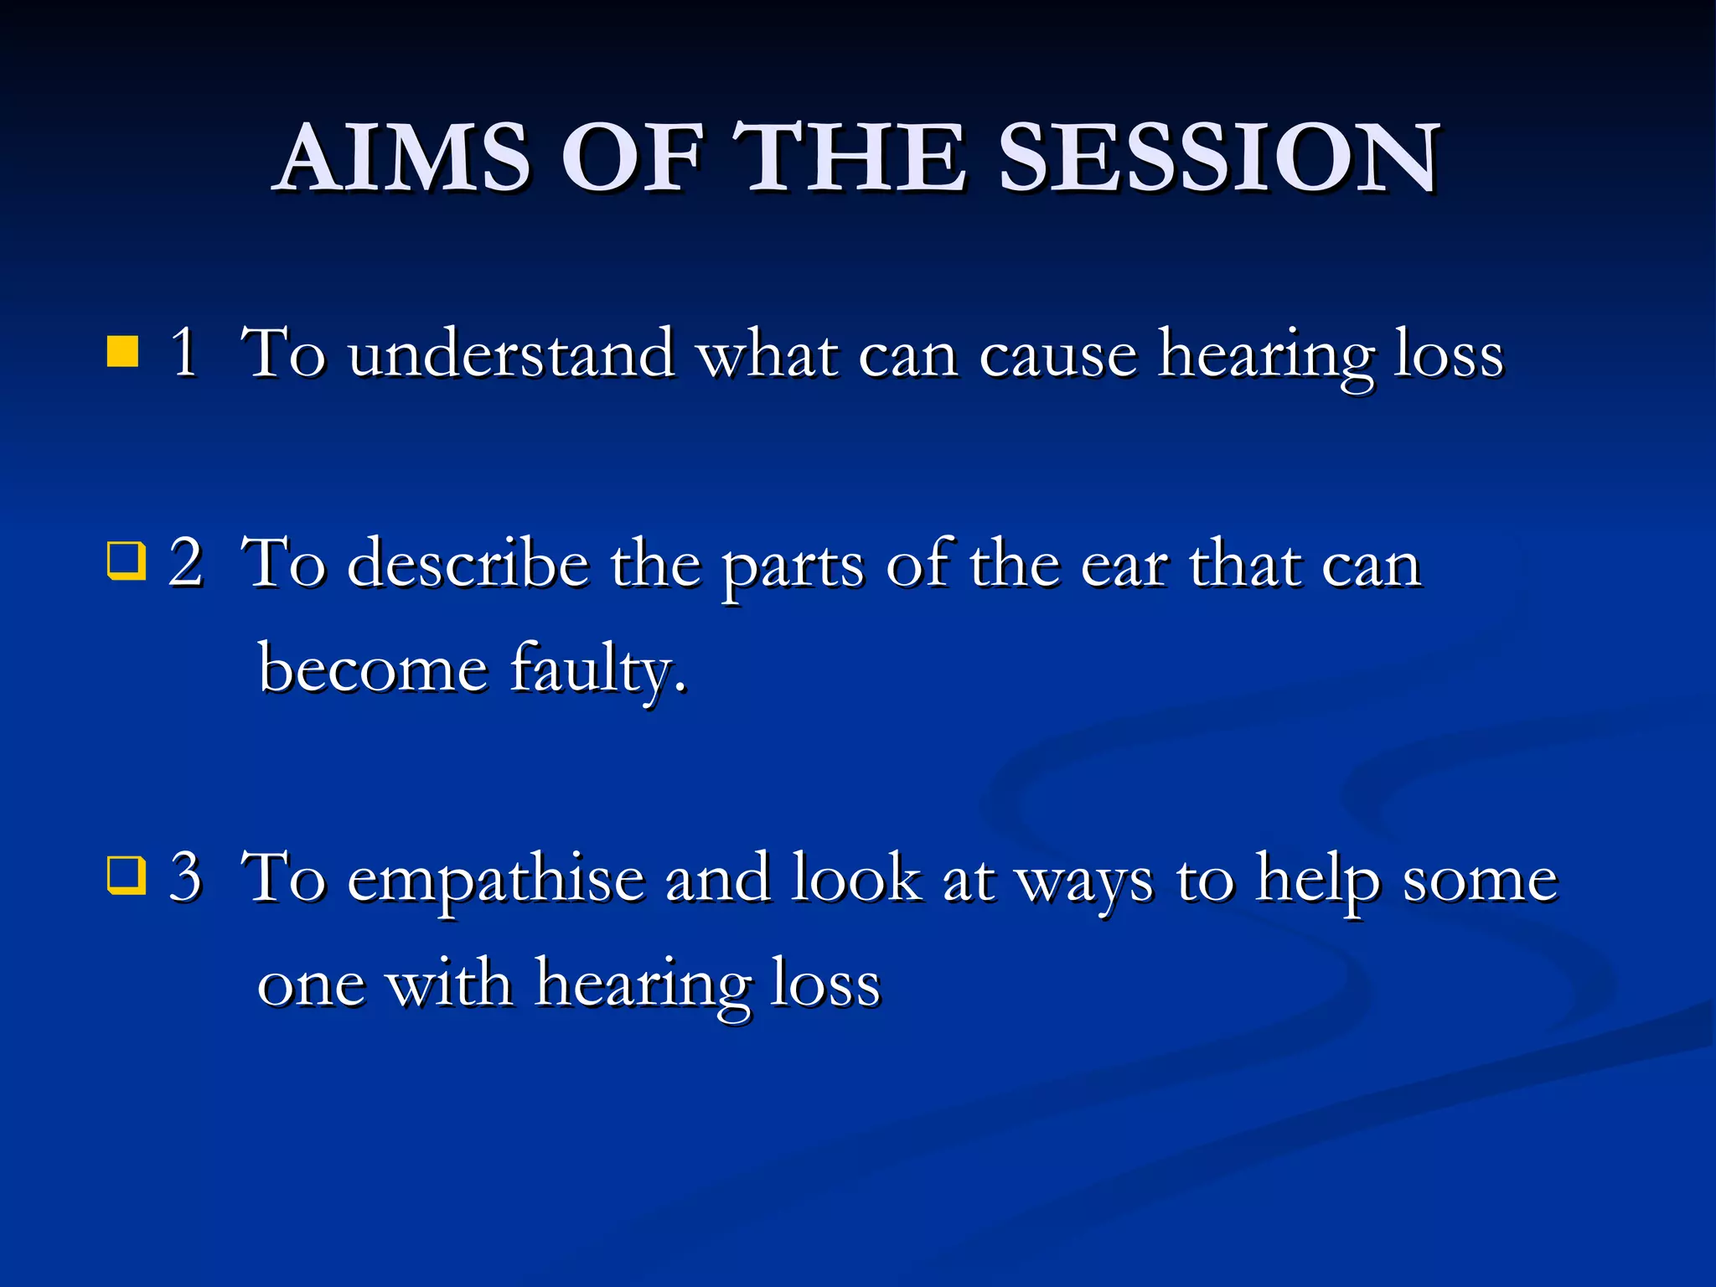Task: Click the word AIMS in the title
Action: tap(405, 158)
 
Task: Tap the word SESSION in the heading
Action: tap(1219, 158)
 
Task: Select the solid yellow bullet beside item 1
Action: tap(123, 352)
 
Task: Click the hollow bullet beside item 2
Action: tap(127, 561)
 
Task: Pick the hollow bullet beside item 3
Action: tap(127, 876)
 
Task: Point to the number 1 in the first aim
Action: tap(184, 352)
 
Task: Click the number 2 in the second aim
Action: tap(186, 562)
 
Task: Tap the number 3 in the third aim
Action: tap(186, 876)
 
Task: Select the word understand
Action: tap(511, 354)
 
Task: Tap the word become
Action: tap(373, 669)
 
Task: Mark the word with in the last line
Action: tap(449, 984)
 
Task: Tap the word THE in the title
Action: tap(850, 158)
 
